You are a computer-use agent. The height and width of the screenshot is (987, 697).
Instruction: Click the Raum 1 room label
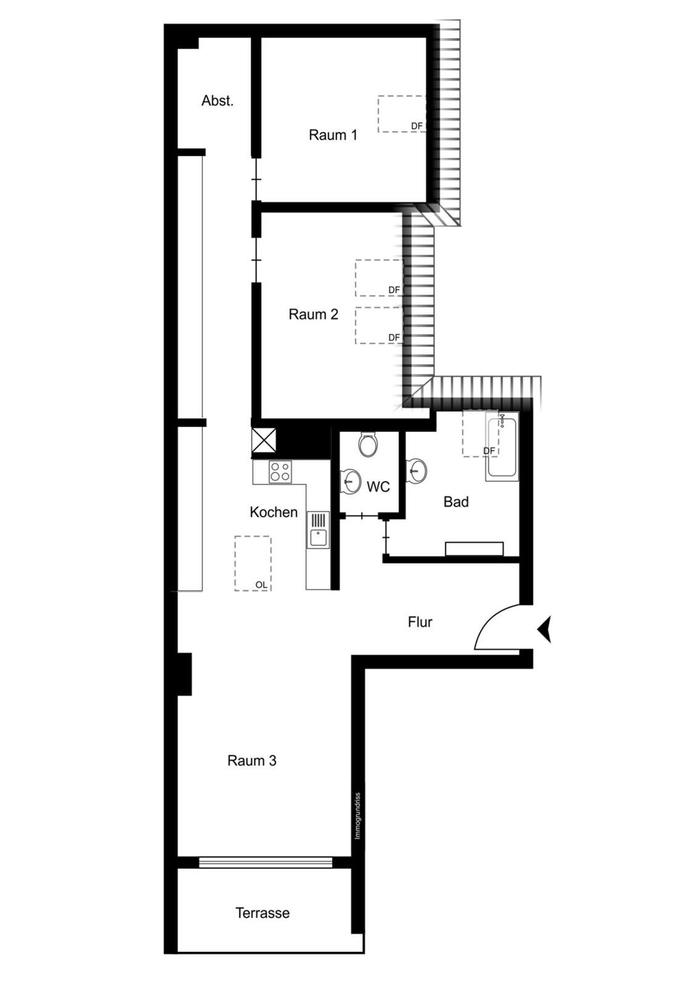(332, 135)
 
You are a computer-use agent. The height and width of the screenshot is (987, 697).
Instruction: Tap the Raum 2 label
(313, 314)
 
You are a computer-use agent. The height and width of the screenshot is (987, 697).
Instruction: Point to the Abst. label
(217, 101)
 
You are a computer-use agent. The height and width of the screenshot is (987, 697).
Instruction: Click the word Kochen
(274, 512)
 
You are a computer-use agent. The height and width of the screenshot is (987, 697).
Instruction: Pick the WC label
(378, 487)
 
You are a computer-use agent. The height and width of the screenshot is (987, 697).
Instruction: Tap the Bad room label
(456, 502)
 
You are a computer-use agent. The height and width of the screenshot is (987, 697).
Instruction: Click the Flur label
(420, 622)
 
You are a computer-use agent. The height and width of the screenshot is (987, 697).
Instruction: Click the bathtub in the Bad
(502, 447)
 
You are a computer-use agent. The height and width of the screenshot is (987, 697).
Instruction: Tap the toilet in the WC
(368, 444)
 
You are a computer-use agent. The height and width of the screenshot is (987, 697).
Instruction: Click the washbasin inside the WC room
(351, 481)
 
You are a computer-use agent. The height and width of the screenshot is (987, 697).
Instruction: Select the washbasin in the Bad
(416, 470)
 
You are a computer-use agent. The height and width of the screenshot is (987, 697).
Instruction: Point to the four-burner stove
(281, 472)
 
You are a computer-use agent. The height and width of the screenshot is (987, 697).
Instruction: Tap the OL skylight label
(262, 585)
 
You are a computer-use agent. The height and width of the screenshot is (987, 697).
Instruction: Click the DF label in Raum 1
(417, 126)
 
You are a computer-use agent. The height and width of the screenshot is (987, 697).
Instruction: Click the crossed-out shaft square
(263, 440)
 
